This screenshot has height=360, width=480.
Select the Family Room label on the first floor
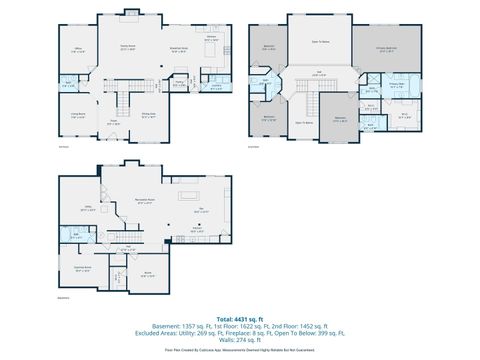click(128, 47)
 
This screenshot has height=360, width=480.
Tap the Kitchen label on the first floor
click(211, 36)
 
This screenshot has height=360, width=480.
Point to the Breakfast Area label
click(180, 47)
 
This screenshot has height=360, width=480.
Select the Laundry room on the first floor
click(216, 86)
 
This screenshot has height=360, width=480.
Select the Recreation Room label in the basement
click(143, 200)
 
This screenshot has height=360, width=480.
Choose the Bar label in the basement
click(200, 210)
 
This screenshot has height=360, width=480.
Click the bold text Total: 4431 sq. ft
click(240, 318)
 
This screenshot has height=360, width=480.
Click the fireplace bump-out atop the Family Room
click(129, 14)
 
